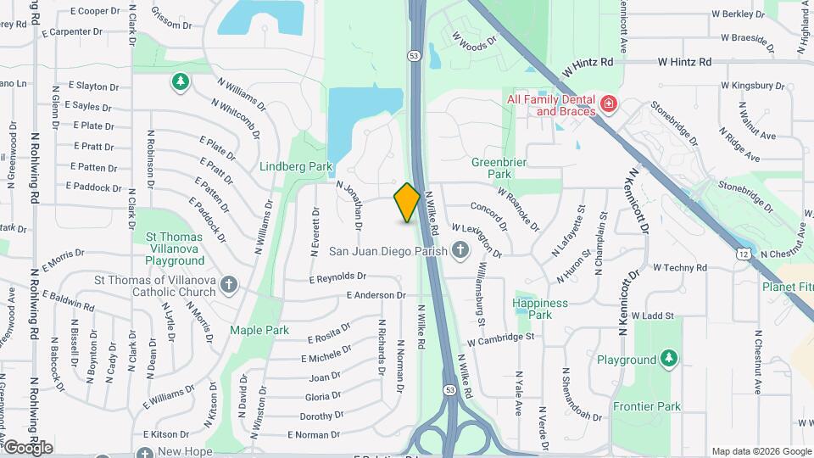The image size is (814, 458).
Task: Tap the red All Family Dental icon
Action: pos(608,104)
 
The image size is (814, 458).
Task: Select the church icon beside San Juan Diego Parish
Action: pos(460,250)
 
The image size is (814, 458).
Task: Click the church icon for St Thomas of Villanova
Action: pos(229,284)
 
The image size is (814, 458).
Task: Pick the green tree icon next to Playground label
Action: pos(669,360)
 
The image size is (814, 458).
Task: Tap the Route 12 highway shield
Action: pos(744,254)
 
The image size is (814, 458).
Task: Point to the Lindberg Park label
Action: pos(296,167)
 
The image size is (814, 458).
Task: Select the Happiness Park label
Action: pos(540,309)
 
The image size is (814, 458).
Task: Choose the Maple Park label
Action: pos(259,331)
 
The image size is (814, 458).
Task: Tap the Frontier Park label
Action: pos(646,407)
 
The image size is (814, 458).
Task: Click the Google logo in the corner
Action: pos(28,447)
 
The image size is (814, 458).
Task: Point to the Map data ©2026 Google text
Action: pos(761,451)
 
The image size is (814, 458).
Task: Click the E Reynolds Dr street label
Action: pos(337,276)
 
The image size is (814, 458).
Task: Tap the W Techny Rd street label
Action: pos(679,268)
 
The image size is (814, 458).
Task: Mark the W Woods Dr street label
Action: pos(474,42)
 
